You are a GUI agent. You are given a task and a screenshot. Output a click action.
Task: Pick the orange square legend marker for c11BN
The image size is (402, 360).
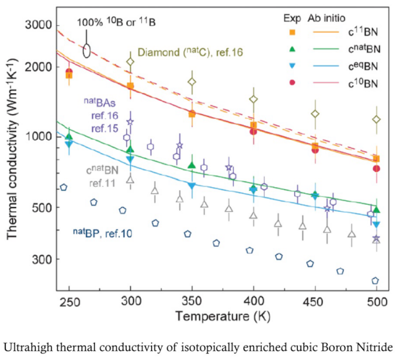(293, 32)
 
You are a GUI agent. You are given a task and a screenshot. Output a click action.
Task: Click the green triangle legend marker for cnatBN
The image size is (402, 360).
(293, 49)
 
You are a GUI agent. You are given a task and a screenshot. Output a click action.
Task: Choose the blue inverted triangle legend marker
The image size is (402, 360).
(293, 66)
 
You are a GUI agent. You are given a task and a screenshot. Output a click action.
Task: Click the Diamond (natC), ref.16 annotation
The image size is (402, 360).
(192, 52)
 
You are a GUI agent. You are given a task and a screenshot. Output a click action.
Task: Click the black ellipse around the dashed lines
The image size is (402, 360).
(87, 50)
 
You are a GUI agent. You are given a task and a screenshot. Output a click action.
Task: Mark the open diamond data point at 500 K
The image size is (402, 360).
(376, 119)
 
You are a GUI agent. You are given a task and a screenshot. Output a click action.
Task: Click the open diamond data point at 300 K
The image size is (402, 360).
(130, 62)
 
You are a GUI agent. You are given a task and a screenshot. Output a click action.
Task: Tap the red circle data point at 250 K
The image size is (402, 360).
(69, 72)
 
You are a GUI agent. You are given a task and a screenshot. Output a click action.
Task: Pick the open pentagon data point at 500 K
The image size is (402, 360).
(375, 281)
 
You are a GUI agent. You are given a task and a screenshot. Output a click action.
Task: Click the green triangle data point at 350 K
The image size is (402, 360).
(192, 165)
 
